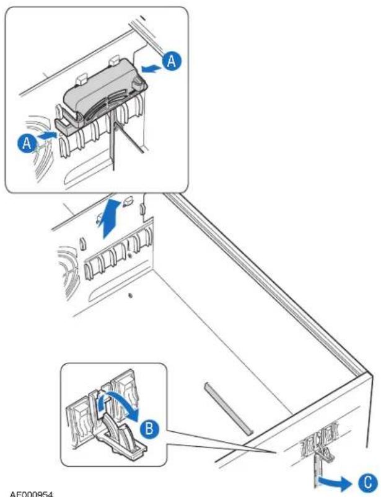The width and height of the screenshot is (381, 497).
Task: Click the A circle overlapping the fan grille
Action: pos(27,143)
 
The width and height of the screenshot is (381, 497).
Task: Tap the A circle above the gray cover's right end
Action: pos(172,61)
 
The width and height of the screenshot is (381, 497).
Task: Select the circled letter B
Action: pos(149,429)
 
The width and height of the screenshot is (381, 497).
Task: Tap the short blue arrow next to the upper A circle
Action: pos(152,68)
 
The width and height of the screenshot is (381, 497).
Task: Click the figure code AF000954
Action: pos(32,494)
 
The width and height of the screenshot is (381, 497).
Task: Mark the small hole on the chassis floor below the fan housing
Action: pos(130,296)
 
